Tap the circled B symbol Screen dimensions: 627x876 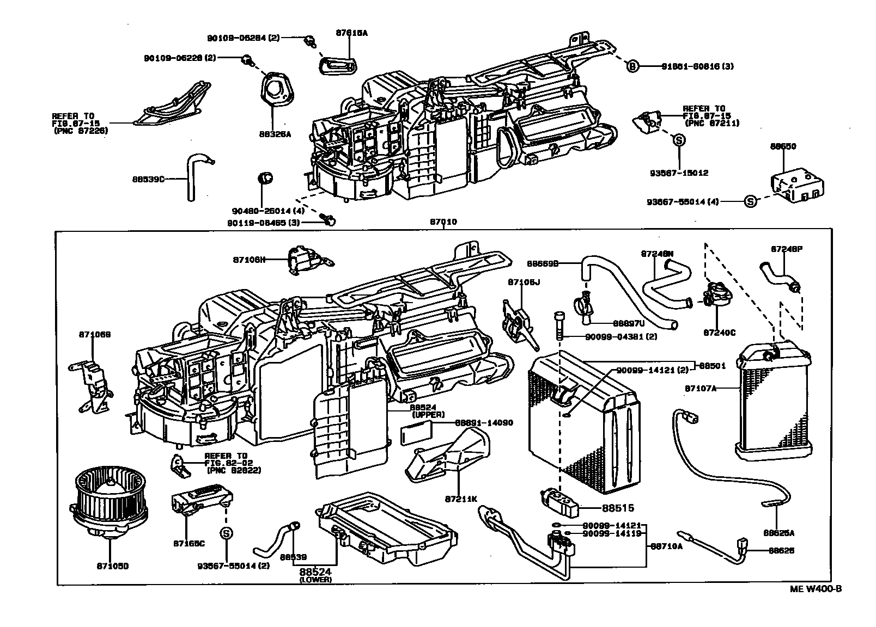click(x=632, y=66)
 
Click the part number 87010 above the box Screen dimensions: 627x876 click(x=443, y=222)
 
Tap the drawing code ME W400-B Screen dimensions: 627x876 click(x=816, y=589)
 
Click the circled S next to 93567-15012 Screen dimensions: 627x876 click(x=679, y=140)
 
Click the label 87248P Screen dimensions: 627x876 click(x=786, y=249)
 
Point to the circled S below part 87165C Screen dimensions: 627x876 click(x=226, y=534)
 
